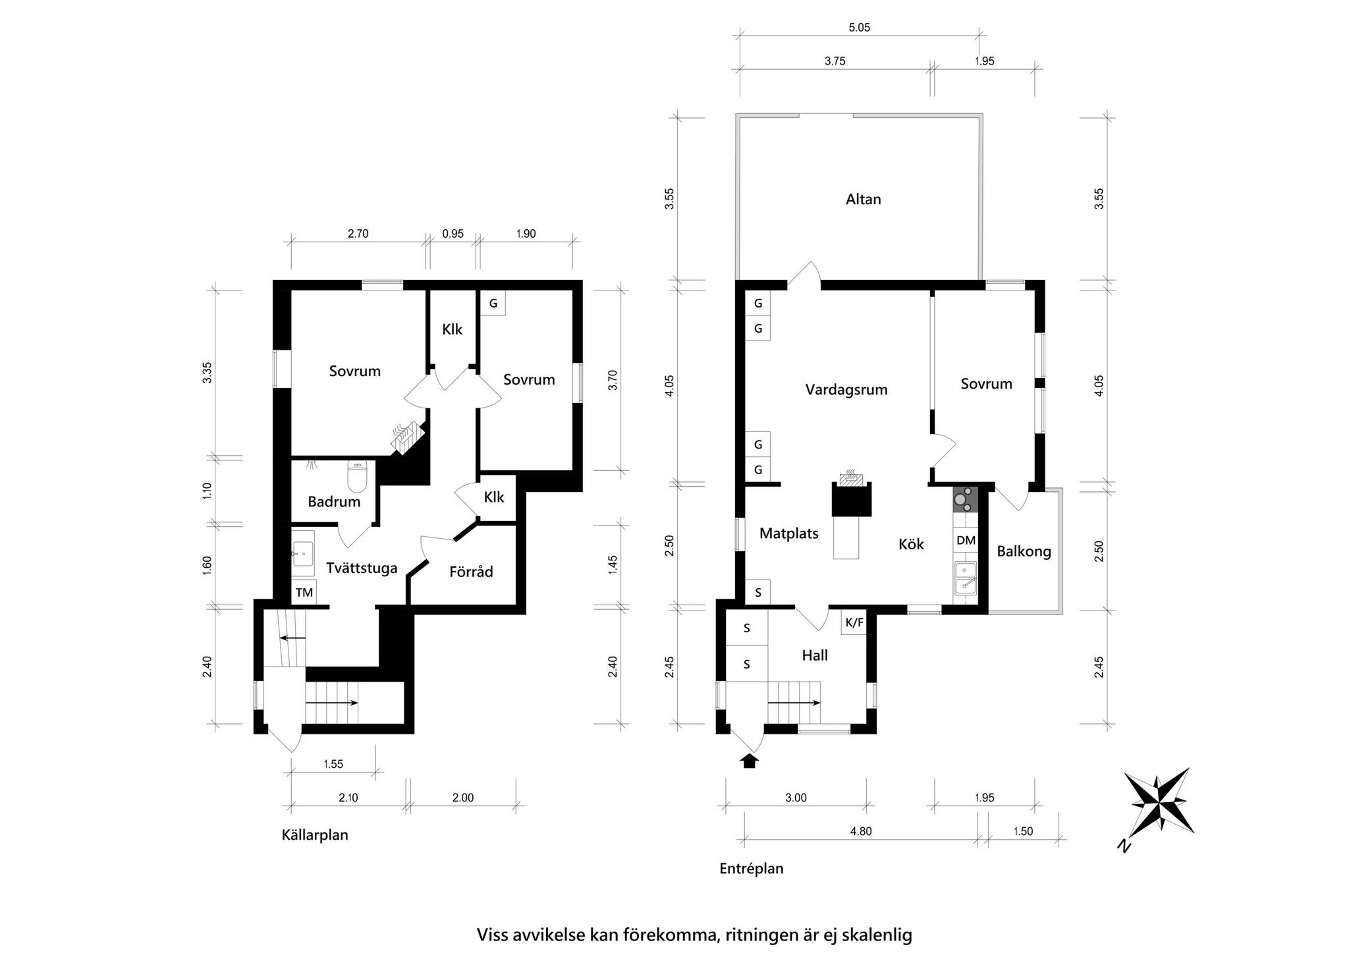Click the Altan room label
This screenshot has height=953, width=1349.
pyautogui.click(x=863, y=199)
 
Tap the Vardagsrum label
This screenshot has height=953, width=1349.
pyautogui.click(x=846, y=389)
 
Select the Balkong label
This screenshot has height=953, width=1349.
pyautogui.click(x=1024, y=551)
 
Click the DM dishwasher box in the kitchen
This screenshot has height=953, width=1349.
pyautogui.click(x=966, y=541)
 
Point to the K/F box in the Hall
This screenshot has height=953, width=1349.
pyautogui.click(x=854, y=622)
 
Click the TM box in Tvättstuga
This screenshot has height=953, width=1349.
pyautogui.click(x=304, y=592)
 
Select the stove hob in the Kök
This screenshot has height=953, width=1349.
pyautogui.click(x=966, y=499)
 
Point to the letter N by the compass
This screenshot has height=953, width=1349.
pyautogui.click(x=1124, y=846)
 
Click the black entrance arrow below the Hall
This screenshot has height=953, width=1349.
pyautogui.click(x=749, y=761)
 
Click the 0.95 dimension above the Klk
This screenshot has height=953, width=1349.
pyautogui.click(x=453, y=233)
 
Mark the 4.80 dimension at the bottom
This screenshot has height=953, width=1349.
pyautogui.click(x=860, y=831)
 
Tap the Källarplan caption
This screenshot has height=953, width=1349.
pyautogui.click(x=315, y=835)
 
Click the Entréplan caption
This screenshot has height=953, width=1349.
pyautogui.click(x=751, y=869)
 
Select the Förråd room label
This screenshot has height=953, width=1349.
pyautogui.click(x=471, y=572)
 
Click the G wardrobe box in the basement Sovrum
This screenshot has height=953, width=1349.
pyautogui.click(x=493, y=304)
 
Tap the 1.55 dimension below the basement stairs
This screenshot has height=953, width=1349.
pyautogui.click(x=333, y=765)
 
